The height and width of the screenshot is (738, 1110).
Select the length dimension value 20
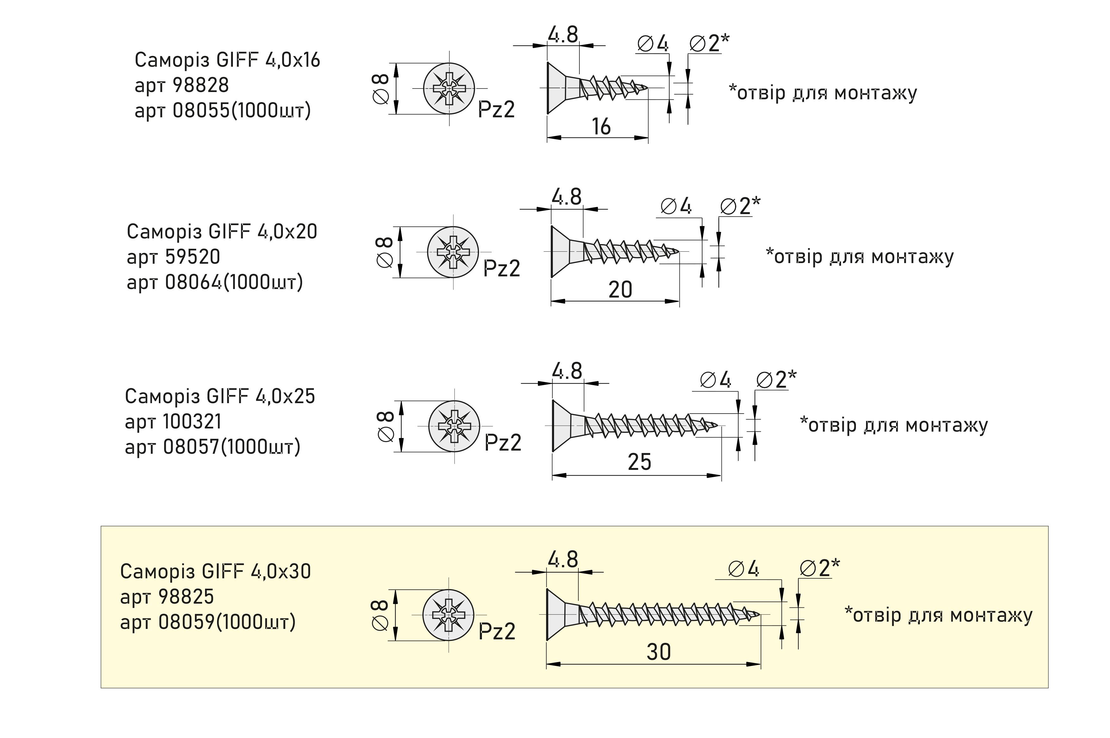click(620, 289)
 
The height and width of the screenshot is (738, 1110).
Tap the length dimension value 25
click(639, 462)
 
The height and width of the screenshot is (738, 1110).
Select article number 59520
click(193, 257)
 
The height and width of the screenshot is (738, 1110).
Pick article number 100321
click(192, 422)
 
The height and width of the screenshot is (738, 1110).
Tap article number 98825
click(186, 597)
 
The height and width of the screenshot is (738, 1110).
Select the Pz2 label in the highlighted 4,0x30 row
click(496, 631)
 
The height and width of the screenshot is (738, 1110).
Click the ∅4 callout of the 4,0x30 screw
click(743, 569)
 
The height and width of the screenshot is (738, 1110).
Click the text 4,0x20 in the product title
click(287, 231)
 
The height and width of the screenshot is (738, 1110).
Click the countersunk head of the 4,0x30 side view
click(556, 614)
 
